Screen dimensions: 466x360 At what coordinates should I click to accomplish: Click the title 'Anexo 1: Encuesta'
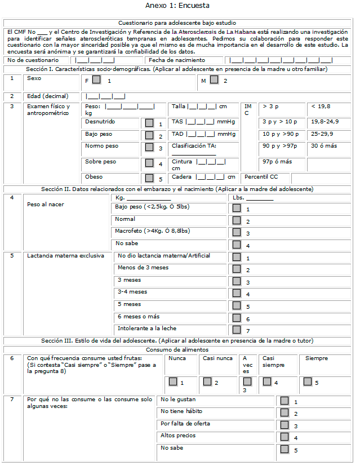point(177,6)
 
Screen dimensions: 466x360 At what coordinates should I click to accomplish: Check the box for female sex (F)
point(97,80)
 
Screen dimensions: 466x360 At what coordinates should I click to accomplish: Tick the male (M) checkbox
point(214,80)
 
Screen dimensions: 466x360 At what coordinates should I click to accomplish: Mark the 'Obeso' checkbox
point(149,179)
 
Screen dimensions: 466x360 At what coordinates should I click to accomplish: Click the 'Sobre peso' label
point(101,161)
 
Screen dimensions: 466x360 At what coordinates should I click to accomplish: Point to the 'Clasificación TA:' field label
point(194,145)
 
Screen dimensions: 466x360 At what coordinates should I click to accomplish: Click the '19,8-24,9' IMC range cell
point(325,121)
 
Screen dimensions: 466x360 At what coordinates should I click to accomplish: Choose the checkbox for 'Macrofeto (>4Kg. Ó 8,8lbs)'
point(237,232)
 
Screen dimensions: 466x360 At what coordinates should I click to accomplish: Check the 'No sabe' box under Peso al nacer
point(237,245)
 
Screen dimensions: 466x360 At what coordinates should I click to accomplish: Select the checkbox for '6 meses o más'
point(237,318)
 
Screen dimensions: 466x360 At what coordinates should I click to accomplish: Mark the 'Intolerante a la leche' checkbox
point(237,330)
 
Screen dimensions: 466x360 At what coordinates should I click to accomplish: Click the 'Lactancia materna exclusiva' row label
point(65,255)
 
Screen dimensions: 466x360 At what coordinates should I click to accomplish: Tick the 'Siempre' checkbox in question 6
point(308,381)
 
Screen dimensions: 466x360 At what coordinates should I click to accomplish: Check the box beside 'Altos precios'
point(285,437)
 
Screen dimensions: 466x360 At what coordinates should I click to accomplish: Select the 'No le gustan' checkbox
point(285,401)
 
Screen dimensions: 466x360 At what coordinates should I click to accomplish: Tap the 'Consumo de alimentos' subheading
point(177,349)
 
